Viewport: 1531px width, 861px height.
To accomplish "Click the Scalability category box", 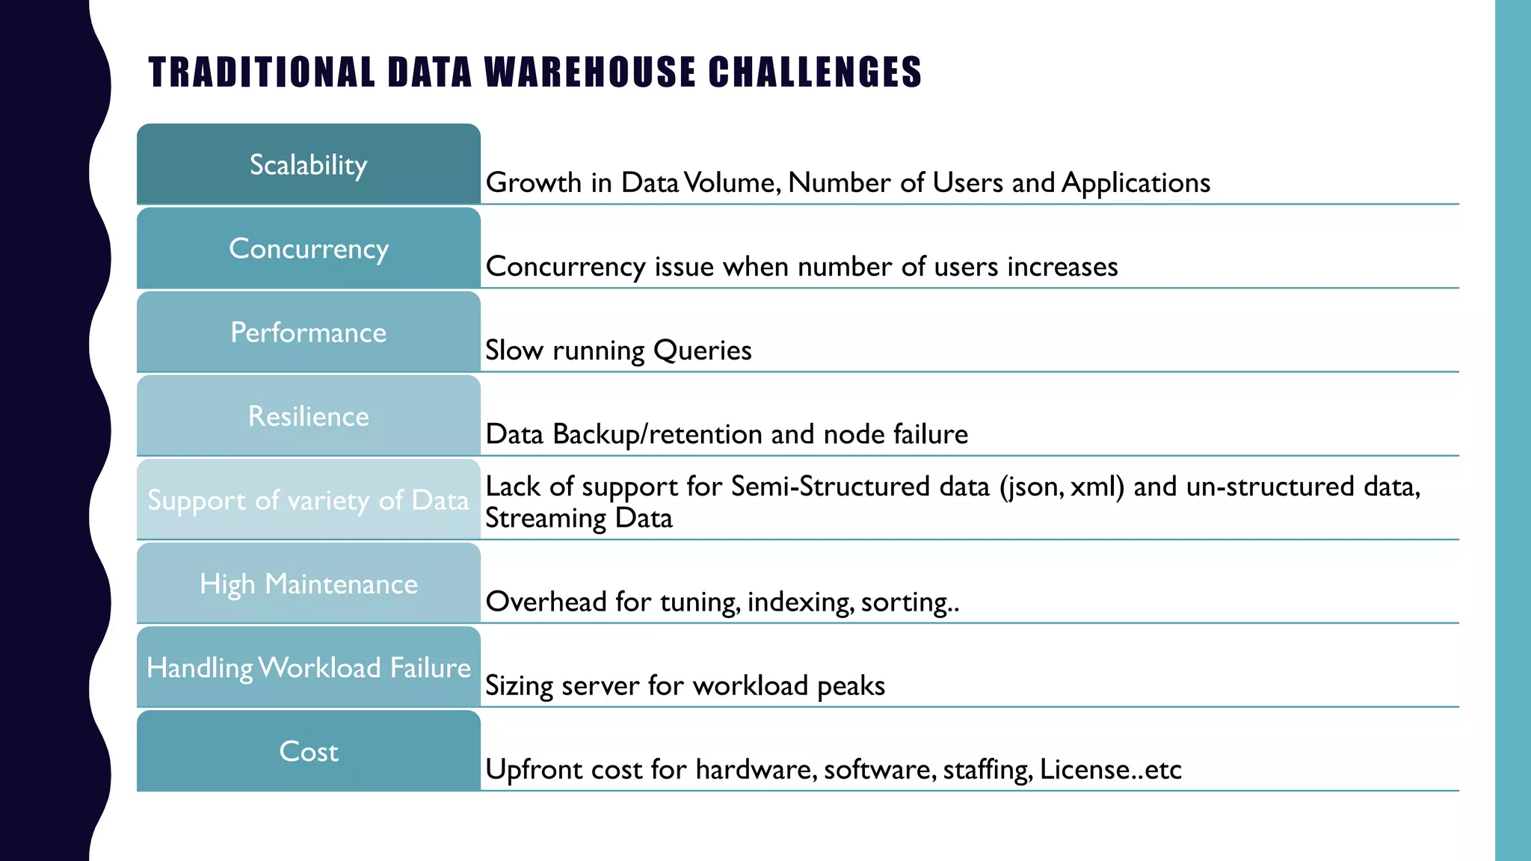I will (x=308, y=164).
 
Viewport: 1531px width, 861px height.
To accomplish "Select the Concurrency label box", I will (x=308, y=248).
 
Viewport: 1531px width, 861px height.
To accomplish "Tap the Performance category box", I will (x=308, y=332).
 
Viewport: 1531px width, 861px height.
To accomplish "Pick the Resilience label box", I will (x=308, y=416).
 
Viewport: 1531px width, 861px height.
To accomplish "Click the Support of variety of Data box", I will (x=308, y=499).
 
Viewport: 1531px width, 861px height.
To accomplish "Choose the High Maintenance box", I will (x=308, y=583).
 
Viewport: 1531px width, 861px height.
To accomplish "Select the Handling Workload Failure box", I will (x=308, y=667).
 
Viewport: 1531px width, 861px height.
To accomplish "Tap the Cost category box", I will (x=308, y=750).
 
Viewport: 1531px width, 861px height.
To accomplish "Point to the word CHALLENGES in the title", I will (x=815, y=72).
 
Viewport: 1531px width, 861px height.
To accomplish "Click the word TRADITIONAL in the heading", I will (x=262, y=72).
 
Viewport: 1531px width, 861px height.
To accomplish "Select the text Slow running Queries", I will (x=618, y=351).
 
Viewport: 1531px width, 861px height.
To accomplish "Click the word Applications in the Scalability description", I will (x=1136, y=183).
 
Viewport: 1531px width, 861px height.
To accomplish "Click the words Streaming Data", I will (x=579, y=518).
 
